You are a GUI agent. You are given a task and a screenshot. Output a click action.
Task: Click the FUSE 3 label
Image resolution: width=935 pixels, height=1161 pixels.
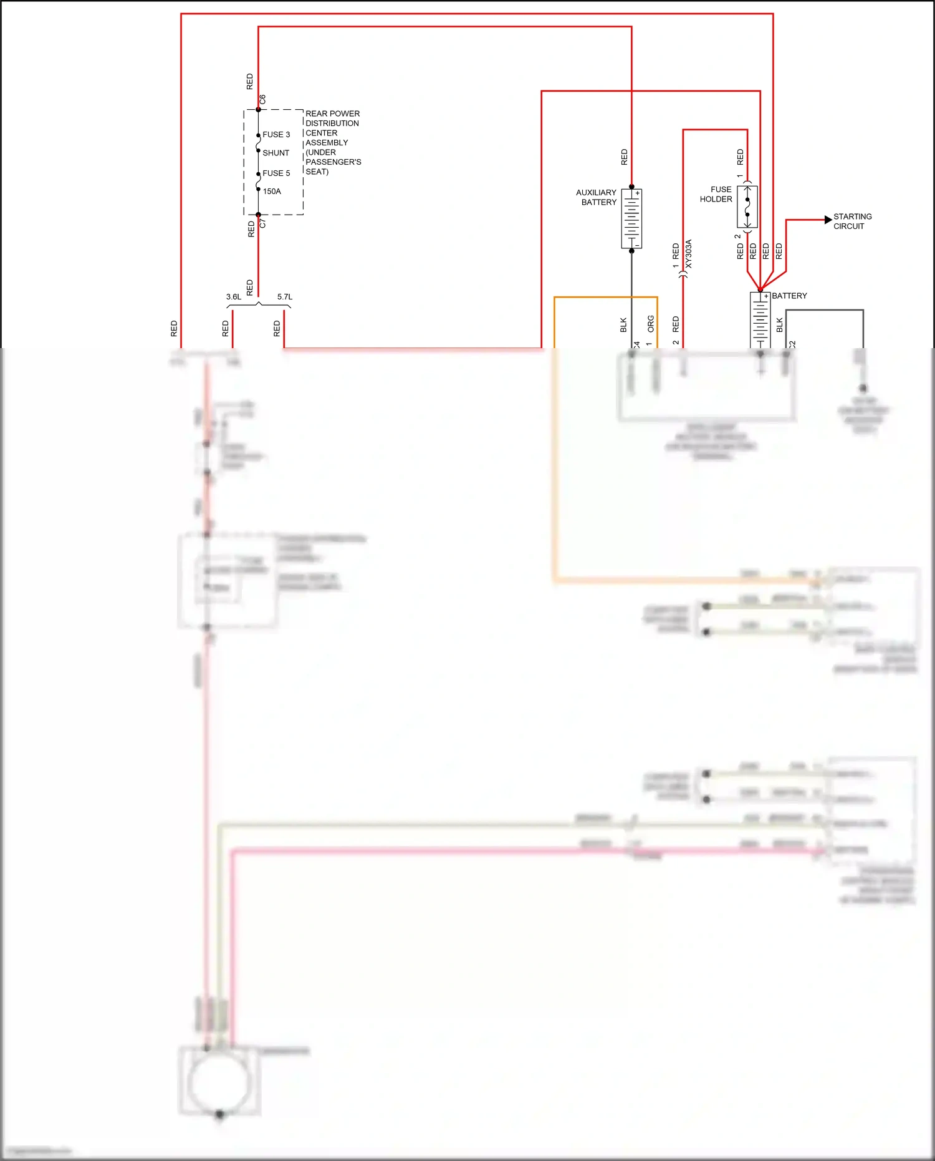(x=276, y=135)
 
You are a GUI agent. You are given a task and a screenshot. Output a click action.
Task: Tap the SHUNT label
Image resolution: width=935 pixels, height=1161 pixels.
(x=276, y=153)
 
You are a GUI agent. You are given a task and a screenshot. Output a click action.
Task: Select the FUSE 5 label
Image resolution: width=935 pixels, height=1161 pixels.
(x=276, y=173)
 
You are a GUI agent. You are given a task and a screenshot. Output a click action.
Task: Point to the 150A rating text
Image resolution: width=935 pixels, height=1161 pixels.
(x=272, y=192)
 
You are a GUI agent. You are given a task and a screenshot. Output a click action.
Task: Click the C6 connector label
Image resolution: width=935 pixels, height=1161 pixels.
(x=262, y=100)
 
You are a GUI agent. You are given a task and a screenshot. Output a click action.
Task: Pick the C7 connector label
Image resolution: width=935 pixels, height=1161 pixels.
(x=262, y=223)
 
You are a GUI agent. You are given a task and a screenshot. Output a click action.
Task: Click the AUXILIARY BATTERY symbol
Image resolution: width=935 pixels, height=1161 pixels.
(x=631, y=218)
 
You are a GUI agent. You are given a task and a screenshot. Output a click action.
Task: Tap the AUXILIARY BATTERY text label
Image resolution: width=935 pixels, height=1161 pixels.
(x=596, y=197)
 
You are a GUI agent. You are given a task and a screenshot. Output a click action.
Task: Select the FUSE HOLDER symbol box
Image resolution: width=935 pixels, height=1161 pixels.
(x=747, y=206)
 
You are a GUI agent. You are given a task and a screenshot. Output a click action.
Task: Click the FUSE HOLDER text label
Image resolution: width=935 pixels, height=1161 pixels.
(x=716, y=194)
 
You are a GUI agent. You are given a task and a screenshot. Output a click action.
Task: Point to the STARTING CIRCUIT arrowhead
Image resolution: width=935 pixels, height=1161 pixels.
(x=828, y=220)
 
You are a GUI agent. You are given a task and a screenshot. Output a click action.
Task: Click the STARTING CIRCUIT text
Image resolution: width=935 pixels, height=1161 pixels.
(x=852, y=221)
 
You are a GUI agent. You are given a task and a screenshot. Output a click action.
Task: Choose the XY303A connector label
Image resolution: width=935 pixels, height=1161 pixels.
(x=689, y=254)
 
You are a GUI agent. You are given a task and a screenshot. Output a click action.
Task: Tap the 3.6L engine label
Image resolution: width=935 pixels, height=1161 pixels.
(x=234, y=297)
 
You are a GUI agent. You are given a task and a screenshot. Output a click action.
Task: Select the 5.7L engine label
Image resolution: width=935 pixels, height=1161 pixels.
(x=285, y=297)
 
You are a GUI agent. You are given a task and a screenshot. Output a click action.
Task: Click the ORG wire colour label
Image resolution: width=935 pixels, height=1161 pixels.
(x=651, y=323)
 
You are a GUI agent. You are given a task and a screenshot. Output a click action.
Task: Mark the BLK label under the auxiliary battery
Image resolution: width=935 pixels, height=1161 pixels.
(x=623, y=325)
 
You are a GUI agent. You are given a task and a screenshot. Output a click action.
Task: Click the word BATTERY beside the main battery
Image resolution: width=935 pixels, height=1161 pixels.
(x=789, y=296)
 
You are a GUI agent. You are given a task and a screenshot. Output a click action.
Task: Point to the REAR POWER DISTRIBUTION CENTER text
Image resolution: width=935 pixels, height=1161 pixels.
(x=333, y=142)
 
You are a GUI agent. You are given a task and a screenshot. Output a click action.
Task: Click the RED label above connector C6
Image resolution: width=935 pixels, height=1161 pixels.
(x=250, y=82)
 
